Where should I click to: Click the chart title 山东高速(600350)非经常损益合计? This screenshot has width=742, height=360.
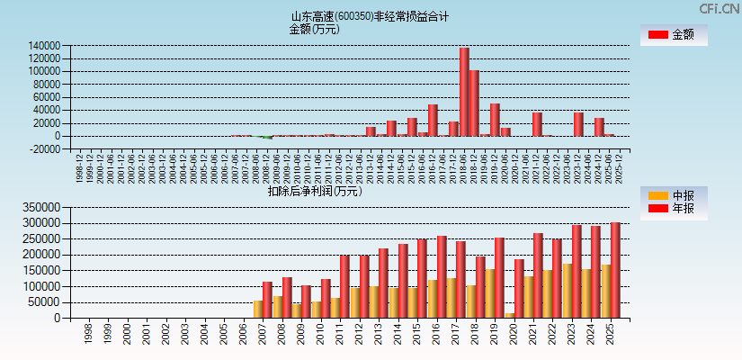pos(370,16)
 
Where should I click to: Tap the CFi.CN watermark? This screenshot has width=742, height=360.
pos(720,9)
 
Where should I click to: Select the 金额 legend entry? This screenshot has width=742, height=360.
pos(673,35)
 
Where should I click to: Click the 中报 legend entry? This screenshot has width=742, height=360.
pos(673,195)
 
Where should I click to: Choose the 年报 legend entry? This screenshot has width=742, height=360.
pos(673,209)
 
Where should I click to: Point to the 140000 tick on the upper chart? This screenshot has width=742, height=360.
pos(44,45)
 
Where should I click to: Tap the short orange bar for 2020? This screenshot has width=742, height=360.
pos(510,315)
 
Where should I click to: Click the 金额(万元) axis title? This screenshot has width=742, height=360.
pos(314,29)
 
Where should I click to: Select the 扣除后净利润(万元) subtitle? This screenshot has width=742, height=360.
pos(314,191)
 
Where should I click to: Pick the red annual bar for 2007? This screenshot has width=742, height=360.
pos(267,300)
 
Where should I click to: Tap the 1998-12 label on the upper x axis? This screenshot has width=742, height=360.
pos(80,166)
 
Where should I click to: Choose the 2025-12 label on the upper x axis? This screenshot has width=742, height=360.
pos(620,166)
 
